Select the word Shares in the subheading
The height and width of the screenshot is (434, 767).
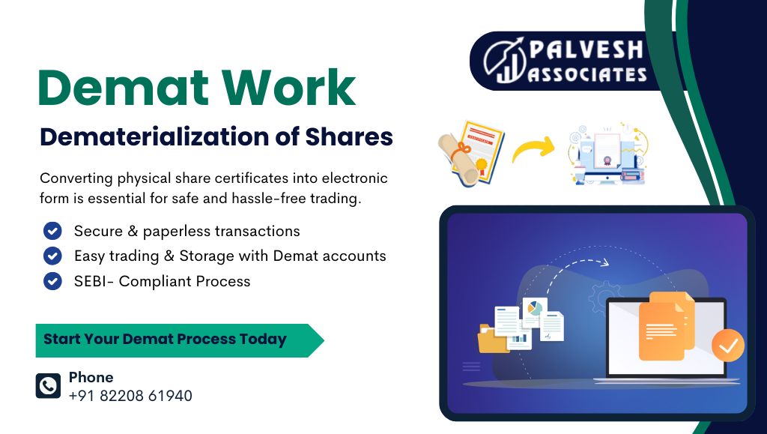[349, 137]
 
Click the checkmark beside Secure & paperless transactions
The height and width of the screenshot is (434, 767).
[52, 231]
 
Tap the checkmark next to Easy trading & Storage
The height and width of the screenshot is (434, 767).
[52, 256]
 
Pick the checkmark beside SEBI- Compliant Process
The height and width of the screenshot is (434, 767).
[52, 281]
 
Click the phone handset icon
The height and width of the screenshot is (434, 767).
[49, 386]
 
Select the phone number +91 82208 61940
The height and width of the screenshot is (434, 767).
[130, 396]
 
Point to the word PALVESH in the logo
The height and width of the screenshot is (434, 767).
[586, 50]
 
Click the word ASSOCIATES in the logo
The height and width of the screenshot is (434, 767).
[588, 74]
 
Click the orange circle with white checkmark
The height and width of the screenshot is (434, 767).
[727, 346]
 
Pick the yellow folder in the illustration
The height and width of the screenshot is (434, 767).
[492, 339]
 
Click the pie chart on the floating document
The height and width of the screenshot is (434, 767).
[535, 309]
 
